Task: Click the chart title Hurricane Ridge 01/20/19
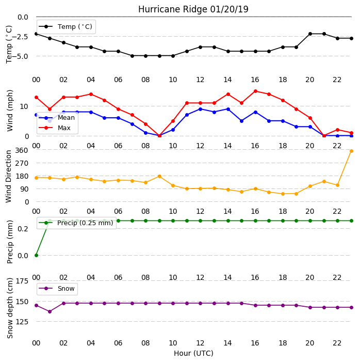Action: click(193, 9)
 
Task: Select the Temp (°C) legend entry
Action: click(66, 27)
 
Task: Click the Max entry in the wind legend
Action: click(55, 128)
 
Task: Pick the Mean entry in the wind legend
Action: click(57, 118)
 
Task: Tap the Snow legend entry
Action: click(57, 289)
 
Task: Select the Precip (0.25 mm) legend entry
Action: click(76, 223)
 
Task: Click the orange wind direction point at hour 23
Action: click(351, 151)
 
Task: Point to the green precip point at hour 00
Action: click(36, 255)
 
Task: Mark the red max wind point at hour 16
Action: click(255, 91)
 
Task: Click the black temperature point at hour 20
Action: click(310, 34)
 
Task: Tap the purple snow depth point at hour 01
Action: click(50, 311)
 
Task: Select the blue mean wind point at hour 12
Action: click(200, 109)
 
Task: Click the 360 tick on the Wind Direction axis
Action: click(22, 150)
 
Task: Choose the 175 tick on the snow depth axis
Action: click(22, 281)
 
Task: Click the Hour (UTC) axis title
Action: click(193, 353)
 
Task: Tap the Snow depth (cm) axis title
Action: click(10, 308)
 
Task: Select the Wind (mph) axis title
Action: click(10, 111)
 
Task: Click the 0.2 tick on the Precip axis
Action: click(23, 229)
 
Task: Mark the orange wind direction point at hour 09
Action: click(159, 177)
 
